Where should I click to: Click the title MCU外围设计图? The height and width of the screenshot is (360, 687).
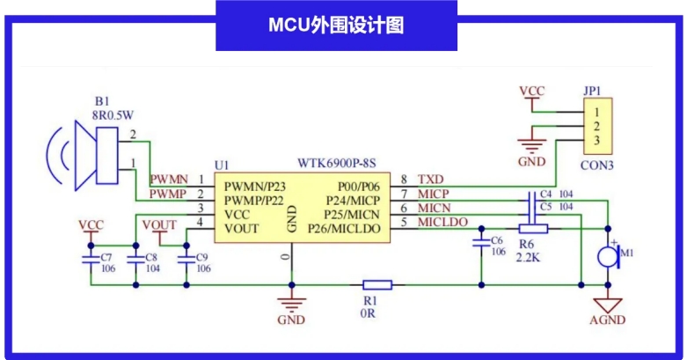tap(336, 25)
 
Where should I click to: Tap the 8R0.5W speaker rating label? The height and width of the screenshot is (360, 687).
tap(113, 114)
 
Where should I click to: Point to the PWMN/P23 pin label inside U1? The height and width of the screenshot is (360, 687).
tap(255, 187)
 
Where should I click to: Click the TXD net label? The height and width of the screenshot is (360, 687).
tap(431, 179)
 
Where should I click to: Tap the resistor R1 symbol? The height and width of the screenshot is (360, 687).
tap(378, 284)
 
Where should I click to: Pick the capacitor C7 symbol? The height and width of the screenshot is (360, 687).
tap(89, 260)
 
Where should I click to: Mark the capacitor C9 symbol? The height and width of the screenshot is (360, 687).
tap(186, 259)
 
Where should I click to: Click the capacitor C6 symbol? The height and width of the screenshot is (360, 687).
tap(481, 240)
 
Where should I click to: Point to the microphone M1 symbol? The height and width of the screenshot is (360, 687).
tap(608, 256)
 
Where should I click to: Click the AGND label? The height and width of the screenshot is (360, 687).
tap(608, 320)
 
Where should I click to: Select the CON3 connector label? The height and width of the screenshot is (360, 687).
tap(596, 165)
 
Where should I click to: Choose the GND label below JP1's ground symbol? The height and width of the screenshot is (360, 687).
tap(531, 163)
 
